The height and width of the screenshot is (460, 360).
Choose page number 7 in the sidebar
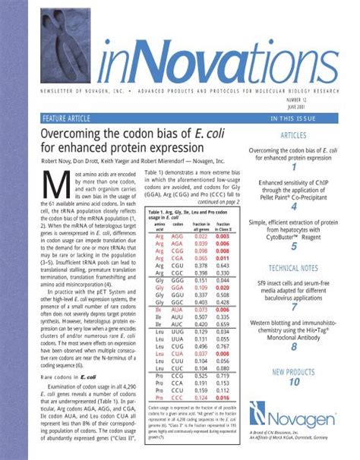tap(293, 307)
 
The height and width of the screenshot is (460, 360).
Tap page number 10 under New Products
tap(293, 383)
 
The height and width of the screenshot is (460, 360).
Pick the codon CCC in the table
tap(179, 398)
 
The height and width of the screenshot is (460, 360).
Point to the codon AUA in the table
tap(179, 311)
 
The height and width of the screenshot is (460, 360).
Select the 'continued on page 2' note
tap(218, 203)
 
